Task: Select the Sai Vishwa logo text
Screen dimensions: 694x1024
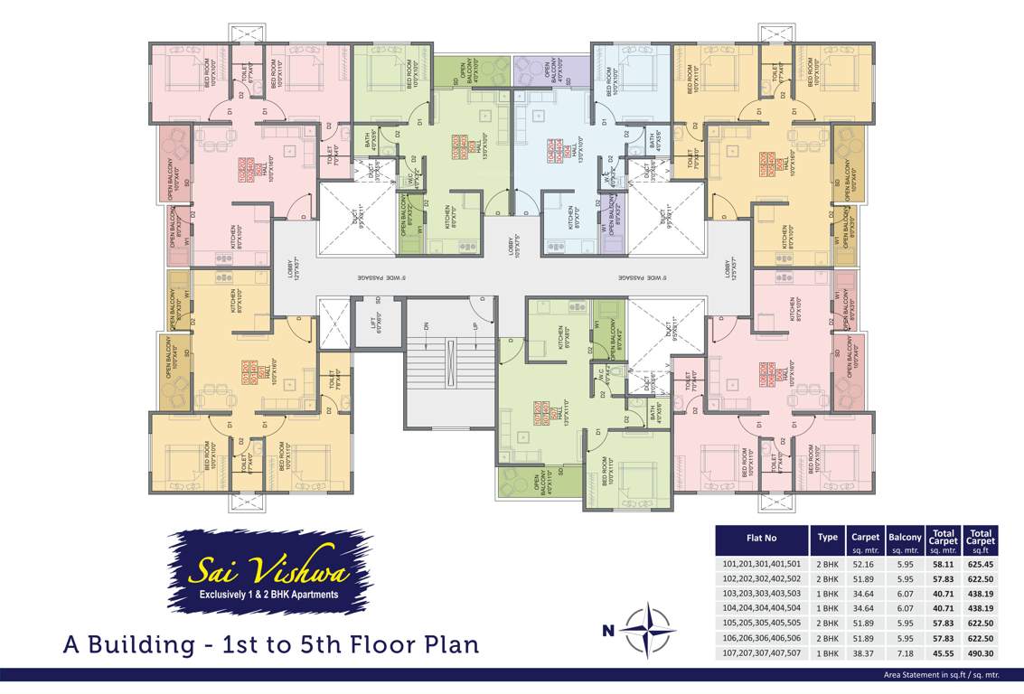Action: point(269,571)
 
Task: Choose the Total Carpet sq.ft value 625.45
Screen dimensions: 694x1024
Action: point(980,562)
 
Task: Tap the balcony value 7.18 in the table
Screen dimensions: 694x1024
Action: point(904,653)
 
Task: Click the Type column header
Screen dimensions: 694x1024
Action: point(827,537)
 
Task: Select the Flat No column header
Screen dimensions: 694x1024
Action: point(761,537)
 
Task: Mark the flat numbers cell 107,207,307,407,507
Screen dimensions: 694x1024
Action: point(761,653)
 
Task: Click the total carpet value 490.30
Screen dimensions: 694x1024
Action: point(980,653)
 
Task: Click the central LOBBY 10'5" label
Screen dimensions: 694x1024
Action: point(512,246)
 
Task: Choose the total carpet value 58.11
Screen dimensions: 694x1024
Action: point(943,562)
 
